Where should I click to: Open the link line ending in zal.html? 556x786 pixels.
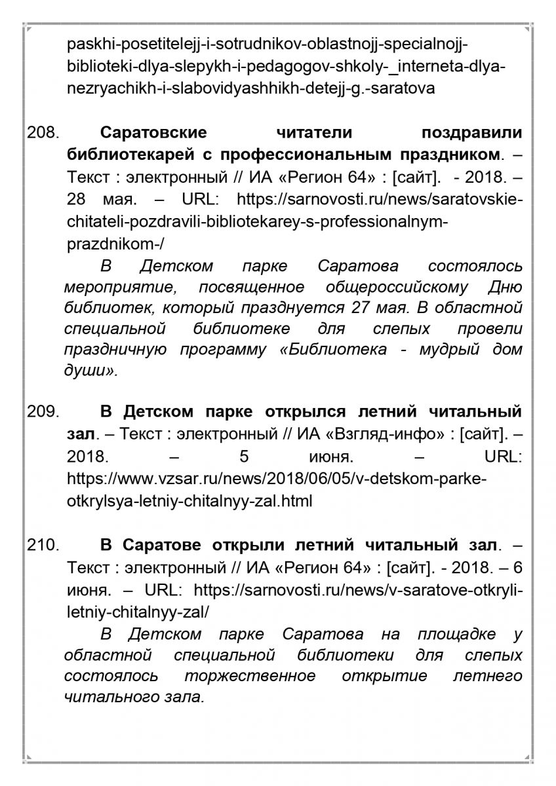pyautogui.click(x=189, y=501)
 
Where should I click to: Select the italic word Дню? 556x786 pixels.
pyautogui.click(x=506, y=287)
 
